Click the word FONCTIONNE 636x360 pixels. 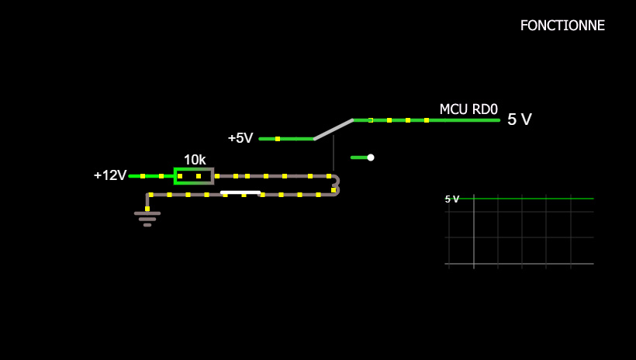click(x=562, y=26)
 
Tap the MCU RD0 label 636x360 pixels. click(x=468, y=109)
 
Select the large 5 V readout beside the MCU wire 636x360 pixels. click(x=519, y=119)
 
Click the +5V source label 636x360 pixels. click(x=240, y=138)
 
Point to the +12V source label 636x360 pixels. click(x=109, y=175)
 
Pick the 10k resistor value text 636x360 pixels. click(x=195, y=160)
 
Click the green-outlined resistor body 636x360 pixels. click(x=193, y=176)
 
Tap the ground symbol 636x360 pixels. click(x=147, y=218)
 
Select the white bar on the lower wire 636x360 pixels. click(x=240, y=192)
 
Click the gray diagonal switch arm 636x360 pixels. click(x=334, y=130)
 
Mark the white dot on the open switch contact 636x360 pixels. click(x=371, y=157)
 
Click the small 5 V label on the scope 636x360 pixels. click(x=451, y=199)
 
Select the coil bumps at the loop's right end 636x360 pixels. click(x=336, y=185)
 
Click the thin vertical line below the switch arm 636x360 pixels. click(x=334, y=154)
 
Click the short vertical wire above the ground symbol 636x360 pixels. click(x=147, y=202)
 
